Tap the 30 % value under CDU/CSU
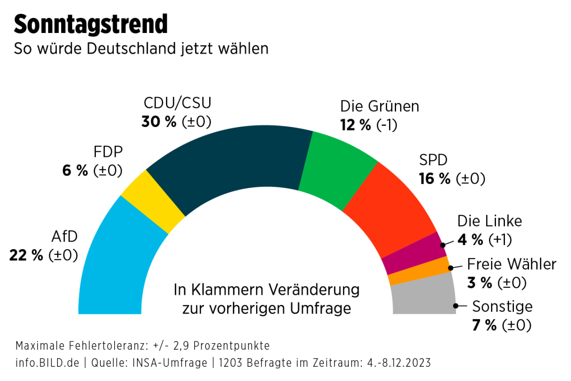pyautogui.click(x=159, y=122)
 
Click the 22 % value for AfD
pyautogui.click(x=26, y=255)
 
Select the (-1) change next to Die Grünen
pyautogui.click(x=386, y=125)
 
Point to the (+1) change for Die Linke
pyautogui.click(x=500, y=240)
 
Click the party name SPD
pyautogui.click(x=433, y=160)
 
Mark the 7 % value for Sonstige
pyautogui.click(x=484, y=325)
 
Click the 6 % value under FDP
pyautogui.click(x=75, y=171)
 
